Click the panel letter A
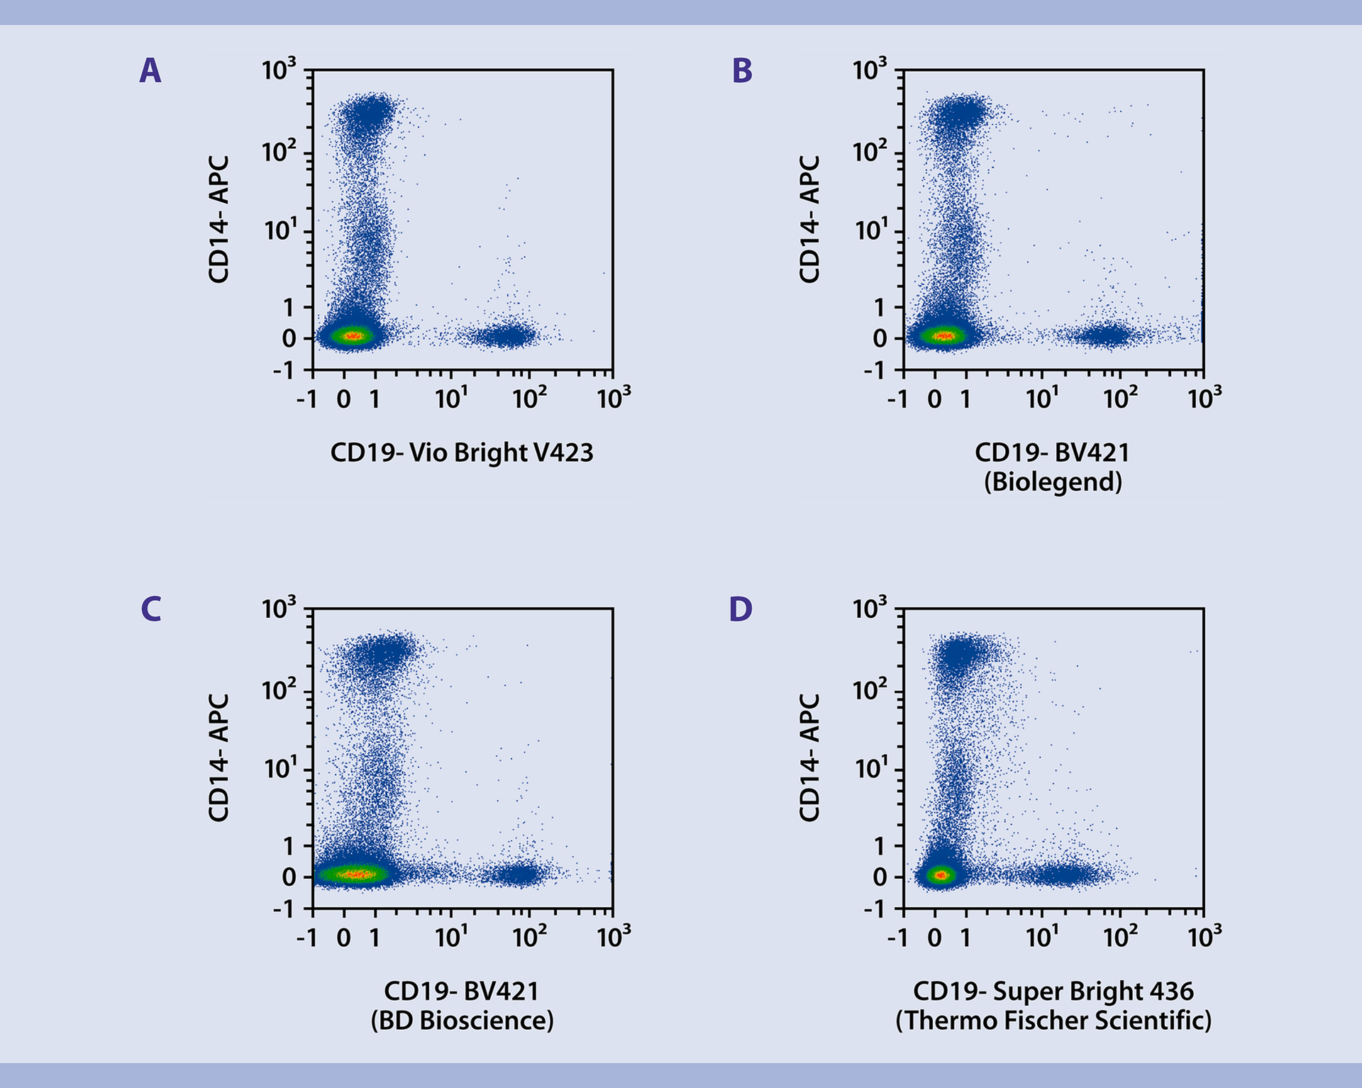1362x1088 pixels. click(150, 71)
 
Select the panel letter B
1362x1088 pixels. click(741, 71)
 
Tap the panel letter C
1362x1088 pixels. click(150, 609)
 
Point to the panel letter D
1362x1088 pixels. click(741, 609)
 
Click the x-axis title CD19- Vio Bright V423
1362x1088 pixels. click(461, 453)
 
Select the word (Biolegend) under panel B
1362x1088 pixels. click(1053, 482)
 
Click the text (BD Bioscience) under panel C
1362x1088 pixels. click(462, 1021)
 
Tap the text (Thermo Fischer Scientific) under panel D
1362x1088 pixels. click(1053, 1021)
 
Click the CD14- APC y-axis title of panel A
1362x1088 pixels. click(218, 220)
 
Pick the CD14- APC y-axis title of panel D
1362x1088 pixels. click(809, 758)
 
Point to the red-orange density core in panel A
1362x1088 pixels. click(353, 336)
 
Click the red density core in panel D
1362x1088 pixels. click(941, 875)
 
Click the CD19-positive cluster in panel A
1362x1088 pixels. click(505, 335)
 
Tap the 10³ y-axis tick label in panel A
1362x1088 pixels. click(278, 70)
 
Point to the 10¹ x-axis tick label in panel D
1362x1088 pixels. click(1042, 938)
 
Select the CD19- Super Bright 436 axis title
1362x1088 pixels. click(1053, 992)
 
